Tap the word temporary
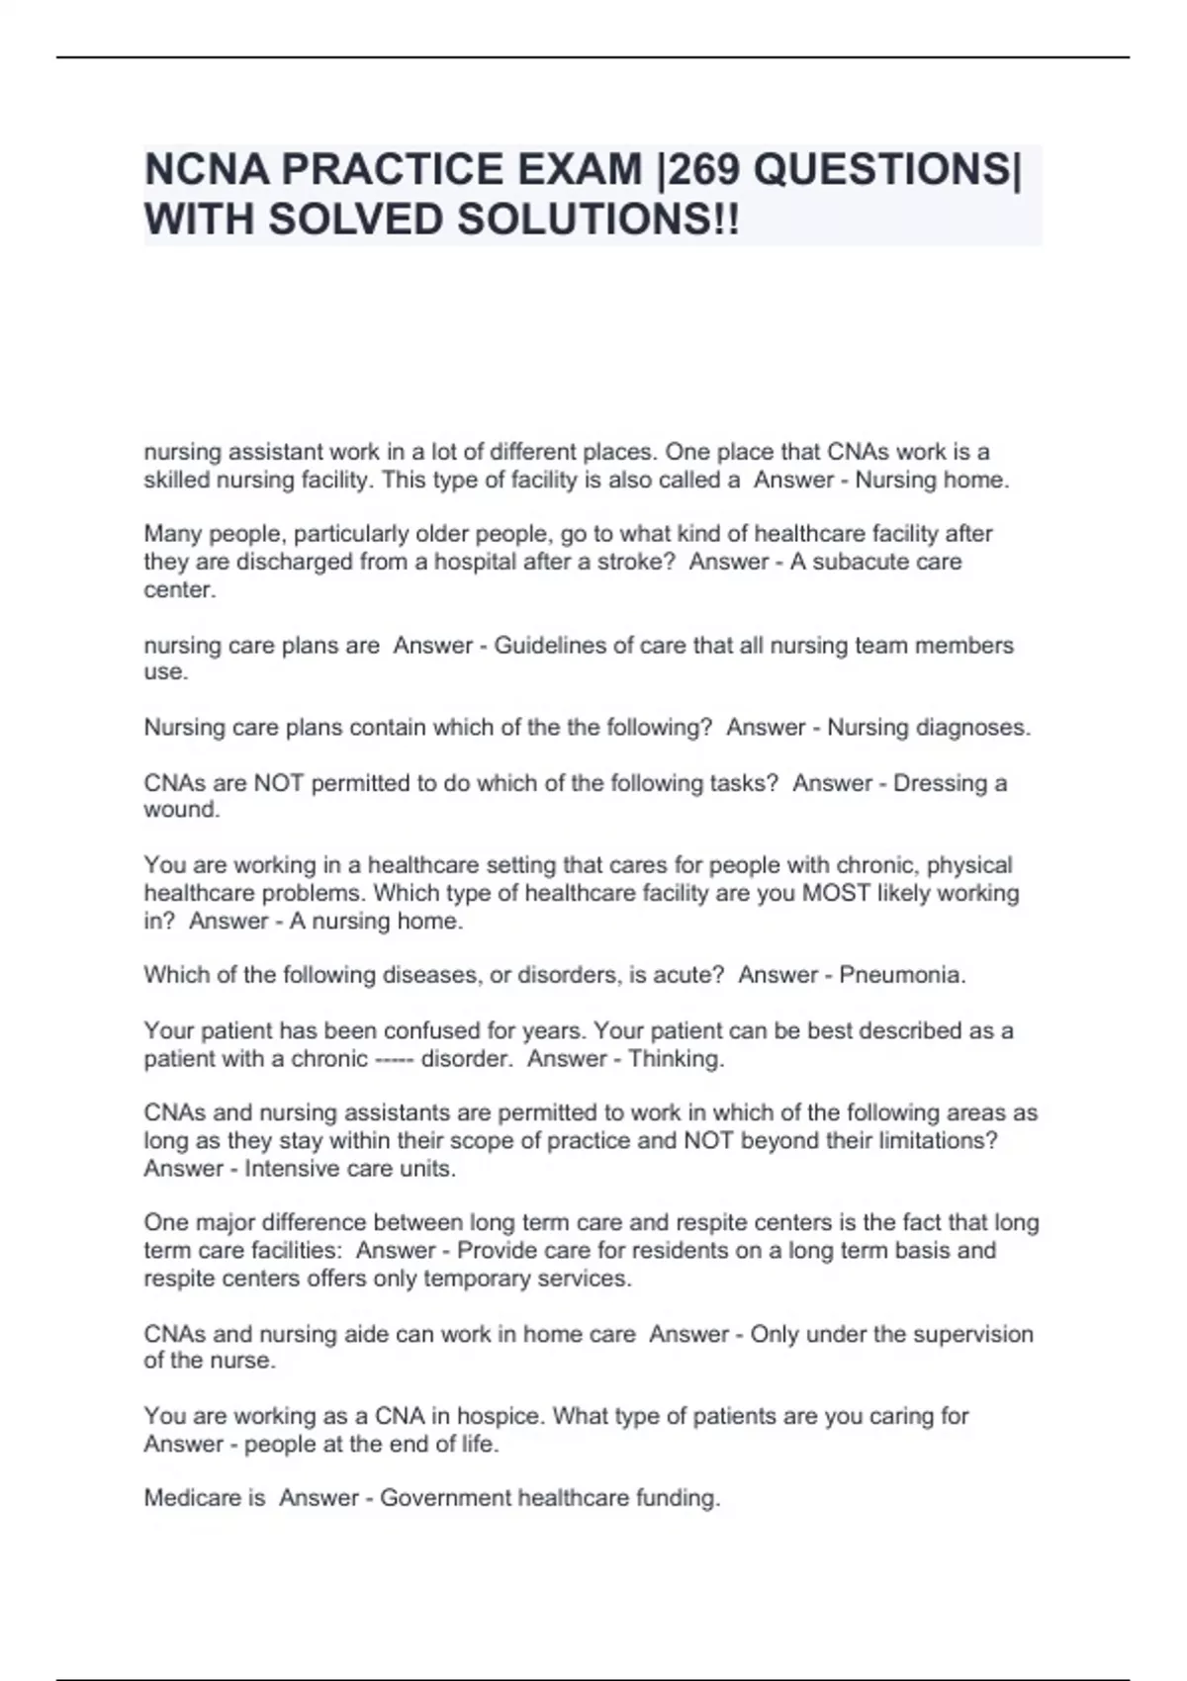(x=477, y=1279)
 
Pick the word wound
(x=181, y=810)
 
